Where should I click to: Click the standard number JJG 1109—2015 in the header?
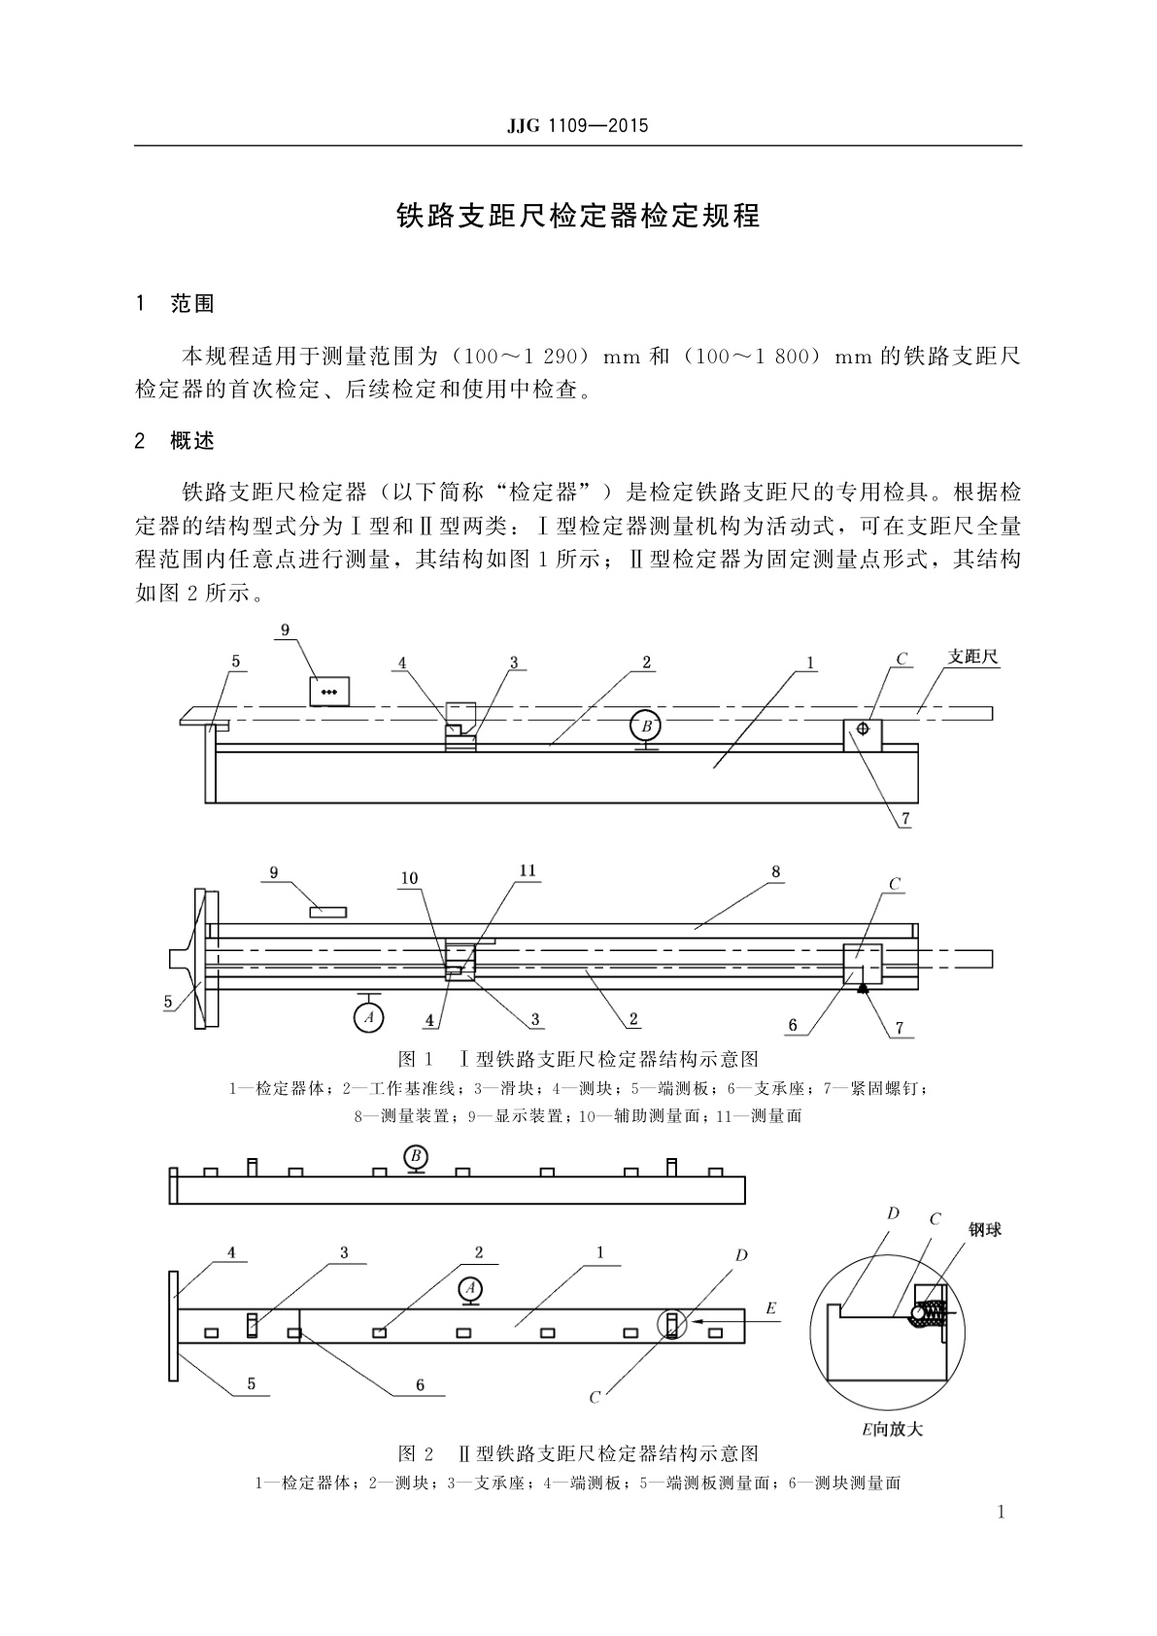click(577, 126)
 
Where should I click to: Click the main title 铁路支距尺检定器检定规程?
click(578, 216)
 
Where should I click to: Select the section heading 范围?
click(191, 303)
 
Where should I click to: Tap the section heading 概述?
click(191, 441)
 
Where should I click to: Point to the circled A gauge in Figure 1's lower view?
click(367, 1016)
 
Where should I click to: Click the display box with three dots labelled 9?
click(328, 692)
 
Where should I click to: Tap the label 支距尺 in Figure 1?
click(972, 658)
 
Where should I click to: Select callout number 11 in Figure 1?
click(527, 870)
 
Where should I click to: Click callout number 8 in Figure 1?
click(776, 871)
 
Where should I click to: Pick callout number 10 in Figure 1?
click(410, 878)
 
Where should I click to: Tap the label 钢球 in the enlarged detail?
click(984, 1230)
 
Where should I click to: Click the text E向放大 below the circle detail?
click(892, 1429)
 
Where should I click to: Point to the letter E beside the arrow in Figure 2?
click(770, 1309)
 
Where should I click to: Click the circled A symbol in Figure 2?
click(470, 1288)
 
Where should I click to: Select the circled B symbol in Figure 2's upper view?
click(416, 1156)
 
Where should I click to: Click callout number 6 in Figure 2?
click(420, 1384)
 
